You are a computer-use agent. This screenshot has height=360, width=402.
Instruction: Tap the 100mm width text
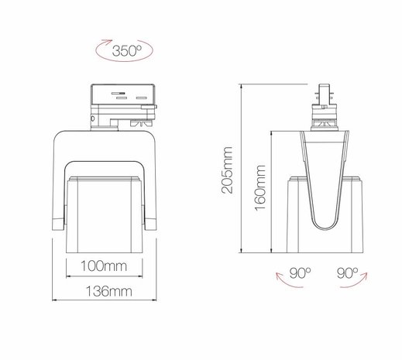(x=105, y=268)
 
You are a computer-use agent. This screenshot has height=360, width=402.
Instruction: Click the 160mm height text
(x=261, y=190)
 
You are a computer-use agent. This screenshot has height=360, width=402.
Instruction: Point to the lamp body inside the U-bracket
(x=105, y=213)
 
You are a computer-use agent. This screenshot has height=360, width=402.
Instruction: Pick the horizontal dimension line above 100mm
(x=105, y=278)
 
